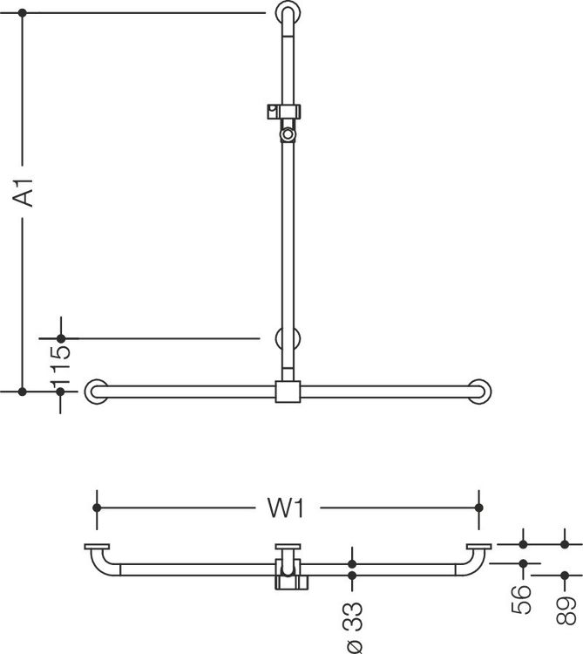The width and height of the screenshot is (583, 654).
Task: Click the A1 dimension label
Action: pos(24,193)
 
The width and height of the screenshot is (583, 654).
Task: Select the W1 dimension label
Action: pos(287,508)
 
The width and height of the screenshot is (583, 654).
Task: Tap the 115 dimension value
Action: pos(60,365)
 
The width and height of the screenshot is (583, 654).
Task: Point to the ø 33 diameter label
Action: pos(354,627)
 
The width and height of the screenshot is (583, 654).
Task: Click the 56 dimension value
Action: pos(521,599)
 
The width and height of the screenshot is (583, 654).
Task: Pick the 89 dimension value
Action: pos(566,610)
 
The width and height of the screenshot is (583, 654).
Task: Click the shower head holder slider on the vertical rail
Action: pos(284,112)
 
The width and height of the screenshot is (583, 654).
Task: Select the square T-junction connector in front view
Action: pos(288,392)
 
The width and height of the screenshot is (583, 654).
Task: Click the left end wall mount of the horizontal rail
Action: pos(96,392)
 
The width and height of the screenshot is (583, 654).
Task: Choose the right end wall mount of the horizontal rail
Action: pos(479,392)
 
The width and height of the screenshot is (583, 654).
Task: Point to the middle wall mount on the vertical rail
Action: pos(288,338)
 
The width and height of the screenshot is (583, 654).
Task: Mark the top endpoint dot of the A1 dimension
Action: pos(23,13)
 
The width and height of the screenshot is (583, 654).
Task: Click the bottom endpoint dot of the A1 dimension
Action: pos(23,392)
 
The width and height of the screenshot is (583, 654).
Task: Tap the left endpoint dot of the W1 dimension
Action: pos(97,508)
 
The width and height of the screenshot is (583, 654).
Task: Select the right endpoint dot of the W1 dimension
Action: pos(478,508)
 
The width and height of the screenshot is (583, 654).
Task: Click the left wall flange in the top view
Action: pos(97,547)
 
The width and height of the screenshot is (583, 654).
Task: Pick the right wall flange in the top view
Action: pos(478,547)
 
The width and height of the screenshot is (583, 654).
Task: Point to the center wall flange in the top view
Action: pos(288,547)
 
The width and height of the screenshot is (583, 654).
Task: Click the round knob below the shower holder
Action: pos(288,134)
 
